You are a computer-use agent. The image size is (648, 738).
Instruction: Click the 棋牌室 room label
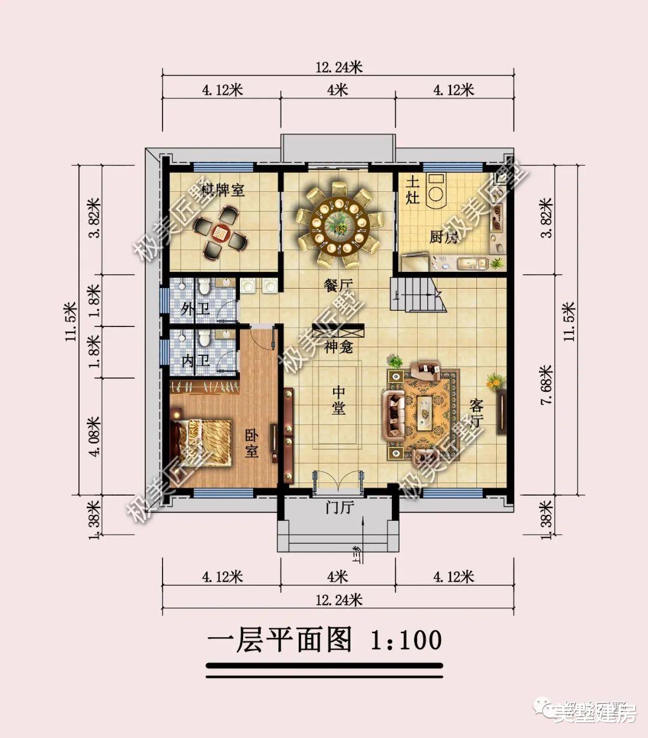tap(223, 191)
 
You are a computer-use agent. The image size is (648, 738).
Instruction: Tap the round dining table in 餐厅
tap(338, 225)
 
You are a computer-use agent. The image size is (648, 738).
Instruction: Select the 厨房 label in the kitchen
tap(443, 237)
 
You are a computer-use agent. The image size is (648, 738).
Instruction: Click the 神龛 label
tap(338, 346)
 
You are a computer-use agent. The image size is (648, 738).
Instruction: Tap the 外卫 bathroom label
tap(195, 310)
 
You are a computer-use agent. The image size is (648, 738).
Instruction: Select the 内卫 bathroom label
tap(195, 361)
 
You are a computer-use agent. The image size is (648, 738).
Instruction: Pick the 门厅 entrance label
tap(340, 508)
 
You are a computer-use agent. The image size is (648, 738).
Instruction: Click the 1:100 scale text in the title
tap(406, 640)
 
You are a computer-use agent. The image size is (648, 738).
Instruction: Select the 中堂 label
tap(339, 400)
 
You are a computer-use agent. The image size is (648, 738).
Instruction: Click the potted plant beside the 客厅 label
tap(495, 380)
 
